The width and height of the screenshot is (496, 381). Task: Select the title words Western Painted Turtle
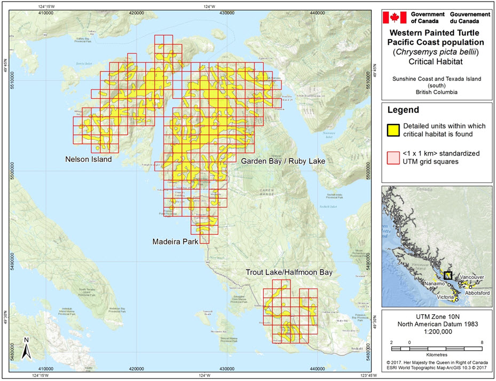436,33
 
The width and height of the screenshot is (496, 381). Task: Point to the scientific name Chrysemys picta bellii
436,52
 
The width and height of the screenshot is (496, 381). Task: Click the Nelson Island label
88,159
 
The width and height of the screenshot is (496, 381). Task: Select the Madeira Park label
175,242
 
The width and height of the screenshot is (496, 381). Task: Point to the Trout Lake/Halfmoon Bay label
289,273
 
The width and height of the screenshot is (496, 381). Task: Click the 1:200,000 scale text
436,331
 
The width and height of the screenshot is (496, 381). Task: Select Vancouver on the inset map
471,278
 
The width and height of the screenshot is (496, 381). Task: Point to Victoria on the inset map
446,297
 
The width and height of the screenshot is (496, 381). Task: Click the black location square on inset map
448,275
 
